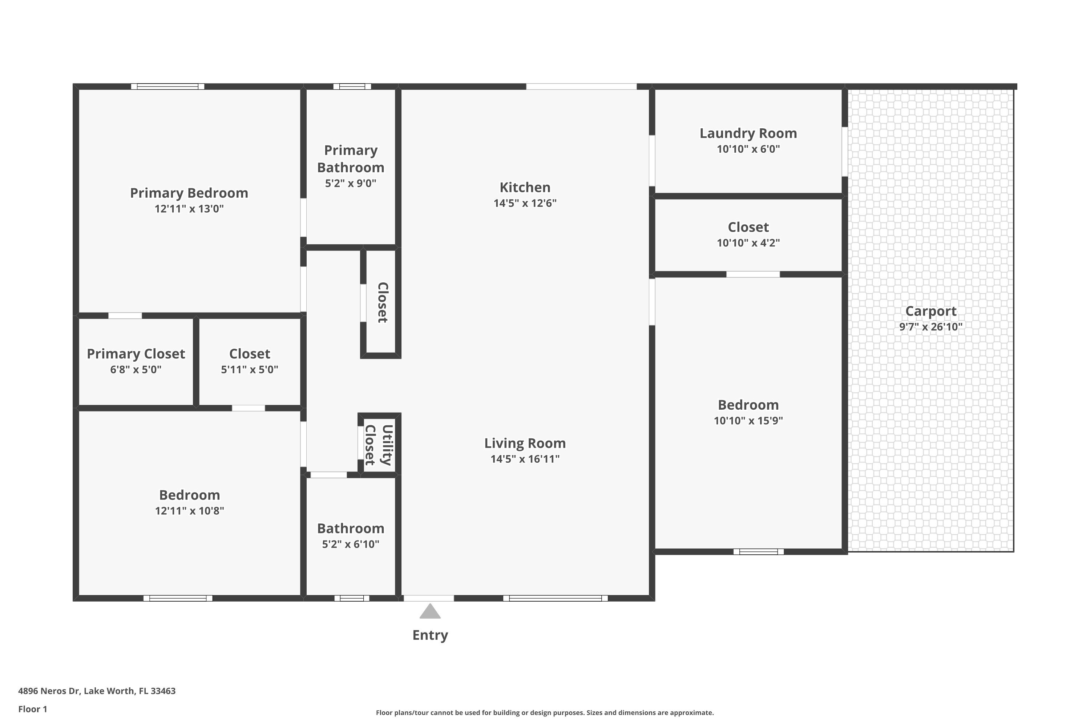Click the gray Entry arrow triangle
tap(430, 611)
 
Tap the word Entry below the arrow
tap(430, 635)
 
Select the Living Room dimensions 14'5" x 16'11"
tap(525, 459)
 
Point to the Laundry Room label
tap(748, 133)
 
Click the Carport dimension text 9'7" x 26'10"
tap(930, 327)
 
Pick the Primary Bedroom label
tap(189, 193)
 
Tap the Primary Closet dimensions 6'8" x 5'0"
tap(136, 370)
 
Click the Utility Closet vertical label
tap(379, 445)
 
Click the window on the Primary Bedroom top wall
tap(168, 86)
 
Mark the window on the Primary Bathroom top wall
tap(352, 86)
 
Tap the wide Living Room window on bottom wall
tap(555, 598)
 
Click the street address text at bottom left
tap(97, 691)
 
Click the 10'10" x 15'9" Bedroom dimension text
tap(748, 421)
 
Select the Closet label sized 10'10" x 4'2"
tap(748, 227)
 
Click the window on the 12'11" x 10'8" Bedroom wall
tap(178, 598)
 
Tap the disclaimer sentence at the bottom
tap(545, 712)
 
